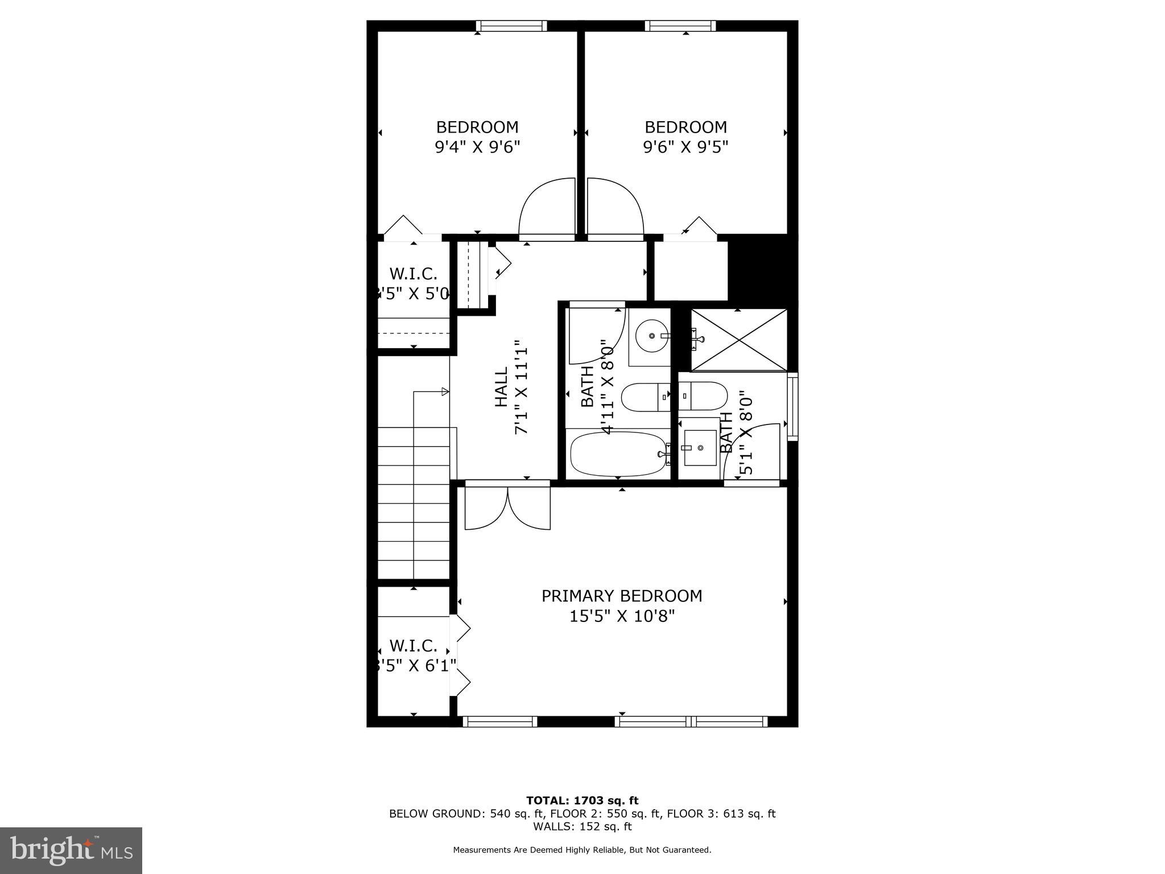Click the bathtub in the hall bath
coord(618,454)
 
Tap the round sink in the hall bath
coord(651,336)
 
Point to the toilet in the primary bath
coord(703,395)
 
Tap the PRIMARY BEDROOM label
coord(622,596)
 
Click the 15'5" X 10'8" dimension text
coord(622,616)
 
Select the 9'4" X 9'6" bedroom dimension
coord(477,147)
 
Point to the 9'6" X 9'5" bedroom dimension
coord(685,147)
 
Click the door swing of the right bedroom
coord(615,207)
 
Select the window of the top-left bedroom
coord(511,26)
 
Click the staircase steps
coord(414,501)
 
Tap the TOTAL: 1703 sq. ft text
coord(582,801)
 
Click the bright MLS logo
coord(71,851)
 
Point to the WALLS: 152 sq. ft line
coord(582,827)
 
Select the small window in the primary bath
coord(792,406)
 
